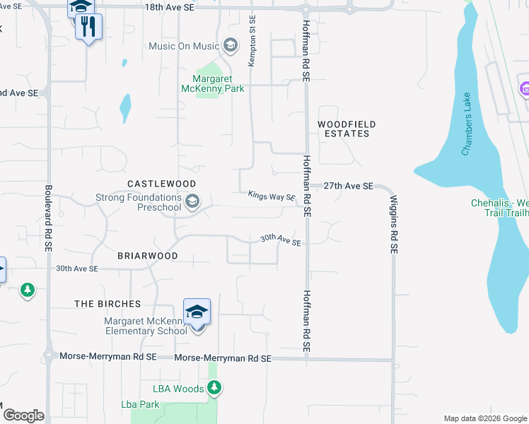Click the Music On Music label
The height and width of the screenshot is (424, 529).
coord(184,47)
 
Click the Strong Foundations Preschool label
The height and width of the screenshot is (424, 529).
coord(139,202)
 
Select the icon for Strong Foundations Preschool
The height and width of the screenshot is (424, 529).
coord(192,203)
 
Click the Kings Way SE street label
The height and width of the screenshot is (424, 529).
coord(272,196)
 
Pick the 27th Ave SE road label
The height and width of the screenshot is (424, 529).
coord(348,186)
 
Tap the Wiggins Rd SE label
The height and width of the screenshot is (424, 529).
coord(394,225)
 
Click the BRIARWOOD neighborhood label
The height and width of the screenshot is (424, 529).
coord(147,255)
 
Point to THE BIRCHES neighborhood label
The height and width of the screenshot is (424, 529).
coord(108,304)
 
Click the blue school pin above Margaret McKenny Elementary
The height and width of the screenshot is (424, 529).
coord(197,312)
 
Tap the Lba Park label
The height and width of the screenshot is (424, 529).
coord(140,404)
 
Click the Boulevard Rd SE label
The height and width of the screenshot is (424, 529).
coord(49,219)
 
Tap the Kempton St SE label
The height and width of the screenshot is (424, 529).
coord(251,42)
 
